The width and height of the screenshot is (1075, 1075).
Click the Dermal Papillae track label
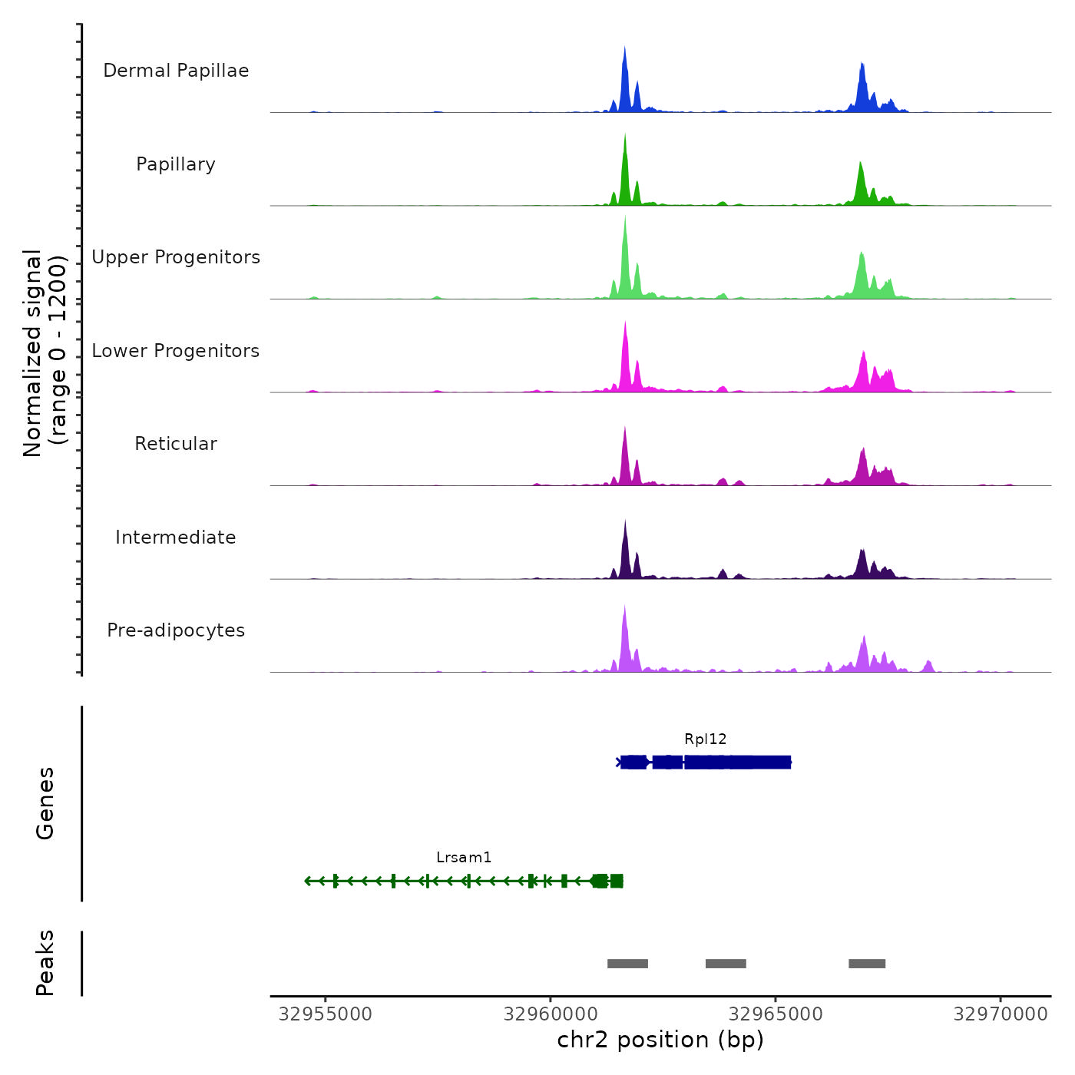[x=176, y=71]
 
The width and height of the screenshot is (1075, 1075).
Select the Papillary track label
[x=176, y=164]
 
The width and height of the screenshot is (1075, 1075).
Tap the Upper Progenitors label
[x=176, y=257]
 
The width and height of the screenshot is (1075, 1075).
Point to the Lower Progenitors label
[x=176, y=351]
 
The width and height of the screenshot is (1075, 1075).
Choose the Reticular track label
[x=176, y=444]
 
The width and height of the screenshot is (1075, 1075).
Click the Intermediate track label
[x=176, y=537]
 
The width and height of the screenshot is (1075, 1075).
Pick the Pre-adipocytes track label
[x=176, y=630]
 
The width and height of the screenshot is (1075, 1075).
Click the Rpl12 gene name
[x=706, y=739]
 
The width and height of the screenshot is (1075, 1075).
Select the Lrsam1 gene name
[x=464, y=858]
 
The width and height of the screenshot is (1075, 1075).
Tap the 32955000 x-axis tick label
[x=326, y=1014]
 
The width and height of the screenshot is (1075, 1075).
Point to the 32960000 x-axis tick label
[x=551, y=1014]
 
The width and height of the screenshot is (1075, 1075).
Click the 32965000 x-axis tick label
[x=776, y=1014]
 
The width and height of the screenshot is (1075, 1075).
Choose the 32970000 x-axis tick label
[x=1001, y=1014]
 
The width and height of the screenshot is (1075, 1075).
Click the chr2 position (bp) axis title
[x=660, y=1040]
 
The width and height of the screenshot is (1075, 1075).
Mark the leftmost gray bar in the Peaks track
[x=627, y=964]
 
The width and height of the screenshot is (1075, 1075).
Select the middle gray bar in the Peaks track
[x=726, y=964]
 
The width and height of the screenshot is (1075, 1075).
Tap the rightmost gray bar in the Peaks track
[x=867, y=964]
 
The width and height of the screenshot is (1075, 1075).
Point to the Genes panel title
[x=45, y=803]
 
